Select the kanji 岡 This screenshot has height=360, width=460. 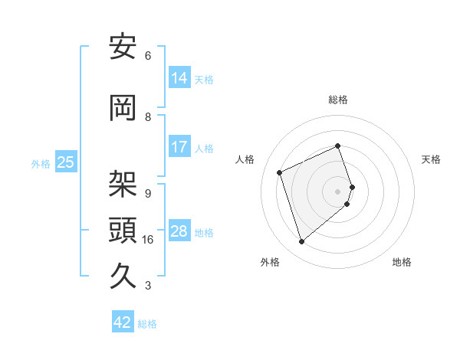point(123,108)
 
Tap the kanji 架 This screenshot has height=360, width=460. point(123,185)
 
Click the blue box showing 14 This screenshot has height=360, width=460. point(179,78)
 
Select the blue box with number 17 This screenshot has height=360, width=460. point(179,147)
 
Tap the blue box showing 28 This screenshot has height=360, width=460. point(179,231)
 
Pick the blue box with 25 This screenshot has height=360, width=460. point(65,162)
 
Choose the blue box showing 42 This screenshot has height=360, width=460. point(123,322)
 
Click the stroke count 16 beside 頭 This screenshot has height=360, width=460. point(148,240)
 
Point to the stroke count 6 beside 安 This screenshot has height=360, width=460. point(148,56)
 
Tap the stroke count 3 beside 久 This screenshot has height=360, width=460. point(148,286)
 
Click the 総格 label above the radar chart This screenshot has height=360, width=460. point(338,100)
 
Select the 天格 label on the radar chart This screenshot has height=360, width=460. point(431,159)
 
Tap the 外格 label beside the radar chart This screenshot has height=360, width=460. point(270,262)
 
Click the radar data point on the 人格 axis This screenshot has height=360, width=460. point(280,172)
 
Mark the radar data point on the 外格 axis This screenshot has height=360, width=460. point(301,242)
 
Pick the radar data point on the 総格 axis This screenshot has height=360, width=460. point(338,146)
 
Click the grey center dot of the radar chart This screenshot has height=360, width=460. point(338,191)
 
